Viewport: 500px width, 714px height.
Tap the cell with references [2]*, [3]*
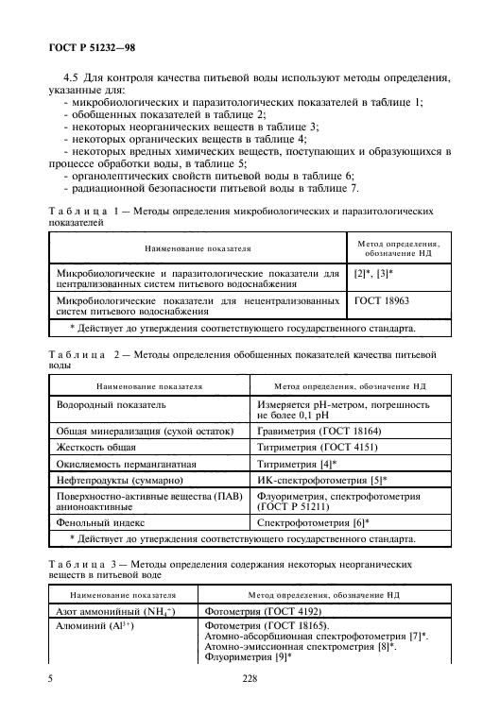pos(373,272)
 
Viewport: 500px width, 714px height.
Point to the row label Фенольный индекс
pos(98,522)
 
